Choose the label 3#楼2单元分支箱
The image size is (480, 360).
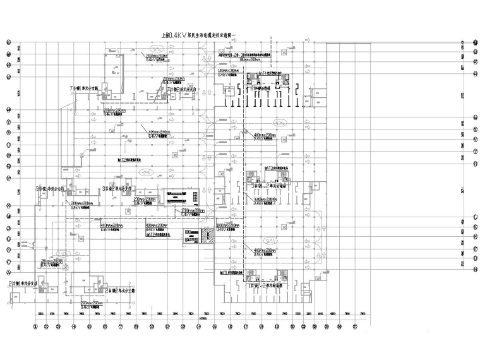click(x=119, y=188)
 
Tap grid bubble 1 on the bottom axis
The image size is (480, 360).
click(x=35, y=327)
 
